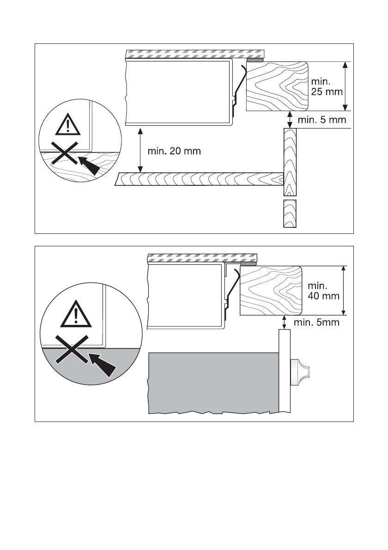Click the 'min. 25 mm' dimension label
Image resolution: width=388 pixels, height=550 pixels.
(x=327, y=86)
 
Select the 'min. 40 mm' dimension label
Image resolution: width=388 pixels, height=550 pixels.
(x=324, y=289)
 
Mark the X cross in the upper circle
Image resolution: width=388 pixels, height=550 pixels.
(x=64, y=154)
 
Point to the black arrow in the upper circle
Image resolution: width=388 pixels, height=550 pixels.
(x=90, y=165)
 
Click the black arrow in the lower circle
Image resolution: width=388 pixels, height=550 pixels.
(x=103, y=363)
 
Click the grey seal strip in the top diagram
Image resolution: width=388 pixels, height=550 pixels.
(x=255, y=60)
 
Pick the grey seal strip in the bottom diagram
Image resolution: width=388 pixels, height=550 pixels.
(x=249, y=264)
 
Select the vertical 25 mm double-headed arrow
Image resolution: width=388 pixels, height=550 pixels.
(x=345, y=86)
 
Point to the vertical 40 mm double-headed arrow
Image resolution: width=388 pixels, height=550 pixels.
(x=343, y=290)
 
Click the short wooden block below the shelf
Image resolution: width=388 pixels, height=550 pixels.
(x=289, y=214)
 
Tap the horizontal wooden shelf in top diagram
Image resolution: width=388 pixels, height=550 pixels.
(x=199, y=178)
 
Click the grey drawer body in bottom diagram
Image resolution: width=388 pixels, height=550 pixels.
(x=212, y=381)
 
